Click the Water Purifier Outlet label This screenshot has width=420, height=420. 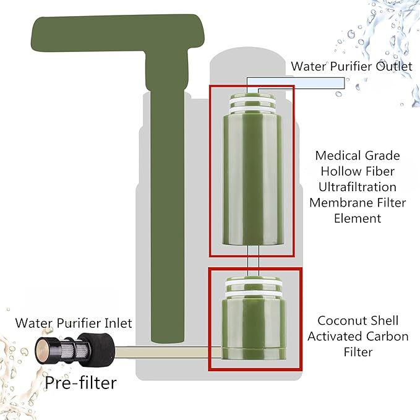point(351,66)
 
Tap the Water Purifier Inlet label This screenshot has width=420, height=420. point(74,322)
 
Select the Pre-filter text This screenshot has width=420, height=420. point(80,383)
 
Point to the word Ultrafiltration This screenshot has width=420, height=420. point(357,186)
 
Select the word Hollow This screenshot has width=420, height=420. point(338,171)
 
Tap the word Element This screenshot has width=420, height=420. point(357,218)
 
